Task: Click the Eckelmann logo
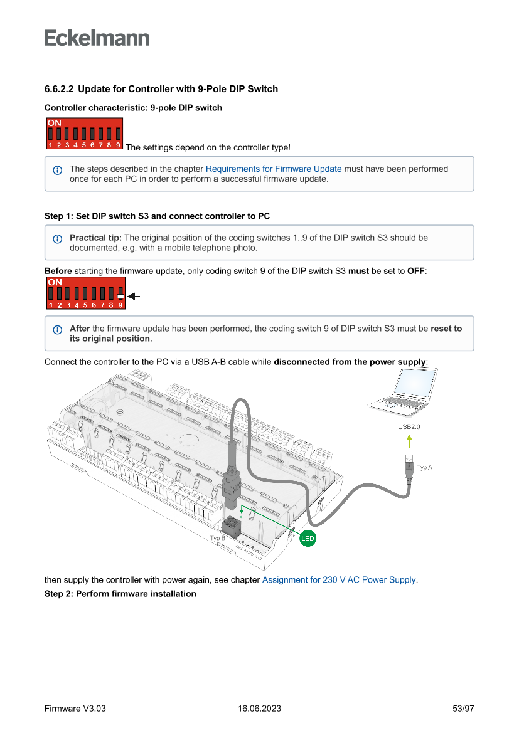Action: [x=97, y=38]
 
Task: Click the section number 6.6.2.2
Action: [x=59, y=89]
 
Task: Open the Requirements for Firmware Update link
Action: [x=274, y=169]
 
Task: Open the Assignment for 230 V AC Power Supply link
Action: [x=339, y=580]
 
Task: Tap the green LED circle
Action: [x=308, y=538]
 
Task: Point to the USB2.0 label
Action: [x=409, y=426]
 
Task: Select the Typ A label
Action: [x=425, y=467]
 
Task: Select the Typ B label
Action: [x=217, y=538]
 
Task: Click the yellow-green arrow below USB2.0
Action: [x=409, y=441]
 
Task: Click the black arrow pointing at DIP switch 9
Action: [x=132, y=295]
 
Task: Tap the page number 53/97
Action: [x=463, y=709]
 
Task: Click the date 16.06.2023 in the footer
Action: [x=259, y=709]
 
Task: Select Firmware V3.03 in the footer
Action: [x=75, y=709]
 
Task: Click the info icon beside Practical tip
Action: [x=58, y=238]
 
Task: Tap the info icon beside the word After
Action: [x=58, y=329]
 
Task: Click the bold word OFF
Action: [x=416, y=270]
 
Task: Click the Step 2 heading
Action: [x=120, y=594]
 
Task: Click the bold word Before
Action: [x=58, y=270]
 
